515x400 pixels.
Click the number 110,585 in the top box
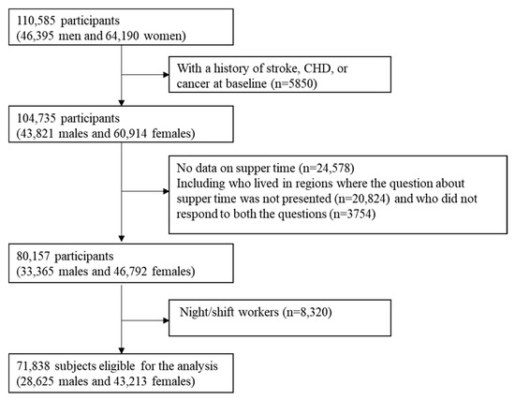coord(36,21)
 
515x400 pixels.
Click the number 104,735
coord(36,118)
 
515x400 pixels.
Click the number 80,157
coord(33,257)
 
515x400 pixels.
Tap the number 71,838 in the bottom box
coord(33,366)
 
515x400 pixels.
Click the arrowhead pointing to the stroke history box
coord(166,75)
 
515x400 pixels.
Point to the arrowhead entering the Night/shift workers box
coord(166,320)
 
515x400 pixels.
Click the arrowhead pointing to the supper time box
coord(166,191)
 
